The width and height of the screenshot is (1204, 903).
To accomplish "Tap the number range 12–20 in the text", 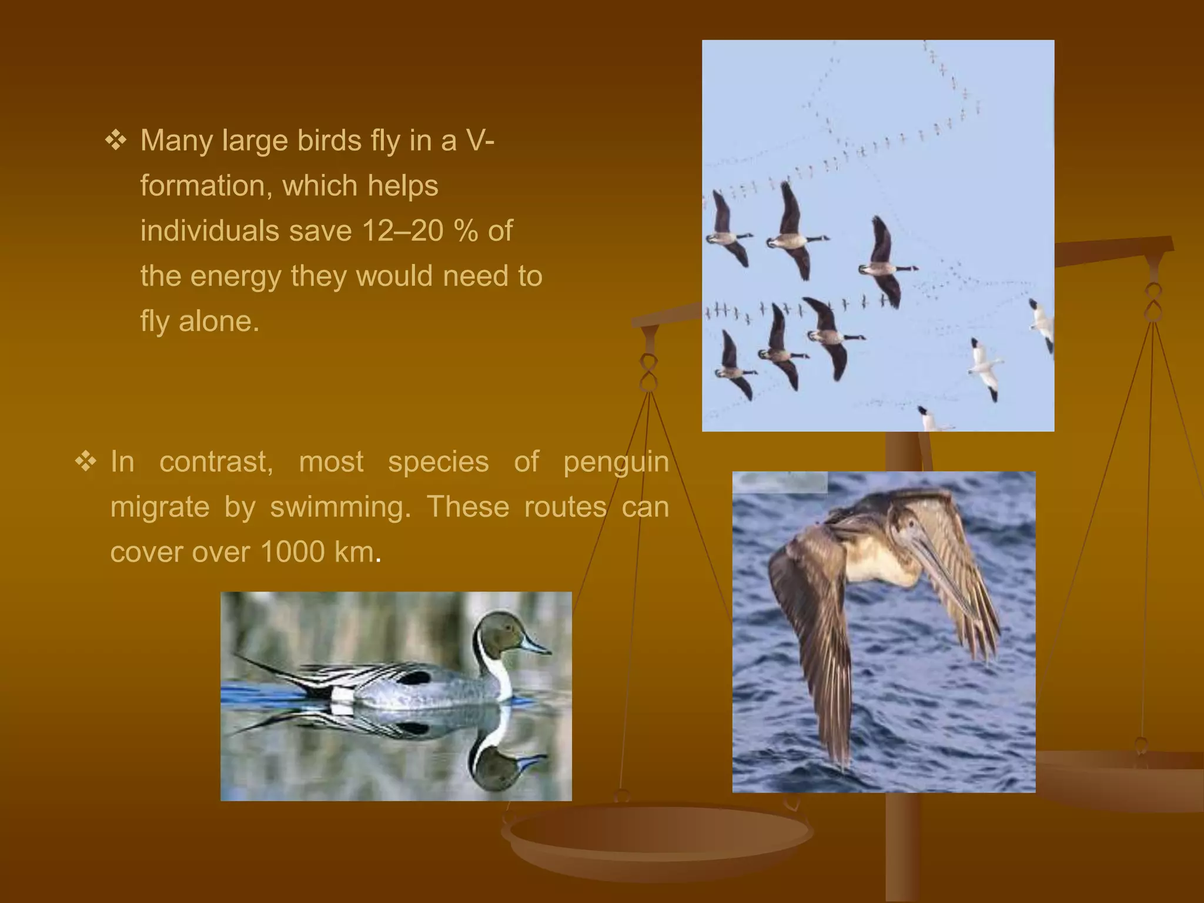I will click(403, 230).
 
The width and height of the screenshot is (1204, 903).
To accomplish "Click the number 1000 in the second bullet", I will click(292, 552).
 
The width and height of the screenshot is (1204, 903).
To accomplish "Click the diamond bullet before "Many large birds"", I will click(116, 141).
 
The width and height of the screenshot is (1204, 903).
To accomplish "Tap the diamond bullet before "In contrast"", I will click(86, 461).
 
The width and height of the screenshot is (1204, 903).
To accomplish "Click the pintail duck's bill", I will click(535, 646).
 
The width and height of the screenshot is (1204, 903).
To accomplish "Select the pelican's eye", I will click(911, 523).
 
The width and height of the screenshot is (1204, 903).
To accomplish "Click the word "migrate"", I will click(159, 507).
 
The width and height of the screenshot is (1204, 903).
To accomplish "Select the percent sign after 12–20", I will click(466, 230).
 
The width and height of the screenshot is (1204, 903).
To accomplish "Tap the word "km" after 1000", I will click(354, 552).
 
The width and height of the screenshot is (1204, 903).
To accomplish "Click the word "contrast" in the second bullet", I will click(216, 462).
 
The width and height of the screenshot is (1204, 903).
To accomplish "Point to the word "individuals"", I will click(209, 230).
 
